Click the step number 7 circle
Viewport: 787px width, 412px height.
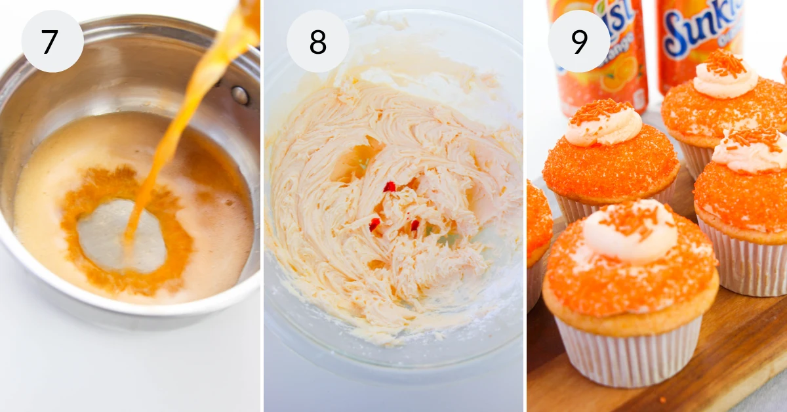tap(52, 41)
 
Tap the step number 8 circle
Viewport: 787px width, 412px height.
tap(317, 41)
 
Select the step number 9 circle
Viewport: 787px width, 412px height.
tap(579, 41)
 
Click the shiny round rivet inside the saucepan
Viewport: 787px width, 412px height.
tap(239, 96)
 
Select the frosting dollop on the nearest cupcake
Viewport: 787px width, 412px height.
tap(630, 233)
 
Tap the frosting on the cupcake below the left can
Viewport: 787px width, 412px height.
tap(603, 125)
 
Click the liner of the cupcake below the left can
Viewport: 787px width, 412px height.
tap(574, 209)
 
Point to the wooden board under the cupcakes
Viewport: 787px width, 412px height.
tap(735, 354)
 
